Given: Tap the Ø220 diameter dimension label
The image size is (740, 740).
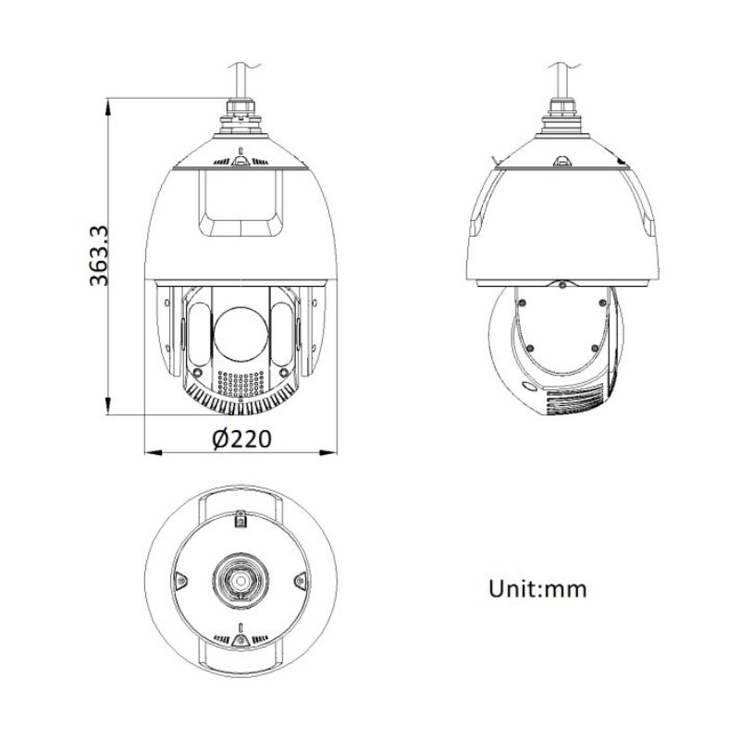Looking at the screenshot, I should (x=240, y=440).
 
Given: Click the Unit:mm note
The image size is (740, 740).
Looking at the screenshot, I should (x=537, y=588).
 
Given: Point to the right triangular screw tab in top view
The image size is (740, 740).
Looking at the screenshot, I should (x=298, y=581).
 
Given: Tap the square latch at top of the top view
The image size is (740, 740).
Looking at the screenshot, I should (x=240, y=521).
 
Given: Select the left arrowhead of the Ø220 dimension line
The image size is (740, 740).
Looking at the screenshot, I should (x=154, y=451).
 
